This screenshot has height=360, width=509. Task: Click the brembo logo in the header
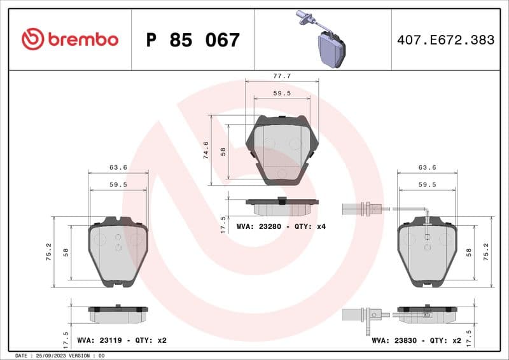70,39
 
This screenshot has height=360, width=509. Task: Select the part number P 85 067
193,40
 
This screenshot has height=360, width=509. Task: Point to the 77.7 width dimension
282,76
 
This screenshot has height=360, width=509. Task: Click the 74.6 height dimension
206,150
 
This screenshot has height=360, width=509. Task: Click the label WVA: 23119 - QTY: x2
122,340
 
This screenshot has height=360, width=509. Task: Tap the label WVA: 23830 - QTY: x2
417,340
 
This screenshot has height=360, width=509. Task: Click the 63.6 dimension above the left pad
118,167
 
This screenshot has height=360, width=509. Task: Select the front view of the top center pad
282,150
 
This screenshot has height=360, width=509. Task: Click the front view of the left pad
118,251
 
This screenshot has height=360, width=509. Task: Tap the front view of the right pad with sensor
427,251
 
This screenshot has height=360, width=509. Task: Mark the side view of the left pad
118,313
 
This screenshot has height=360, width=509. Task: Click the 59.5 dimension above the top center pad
282,93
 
